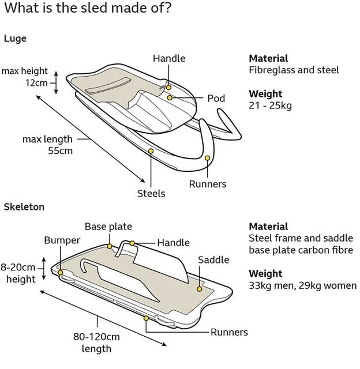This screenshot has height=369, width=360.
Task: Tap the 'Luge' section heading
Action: pos(15,39)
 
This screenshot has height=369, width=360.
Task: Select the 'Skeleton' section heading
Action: pos(24,206)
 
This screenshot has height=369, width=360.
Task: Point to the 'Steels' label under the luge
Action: pos(151,193)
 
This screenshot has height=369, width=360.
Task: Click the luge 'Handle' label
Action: pos(169,58)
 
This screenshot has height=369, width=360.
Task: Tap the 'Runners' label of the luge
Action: pos(208,184)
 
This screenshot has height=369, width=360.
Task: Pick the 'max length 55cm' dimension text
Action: pos(48,145)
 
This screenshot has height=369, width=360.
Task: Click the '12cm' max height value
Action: pos(36,82)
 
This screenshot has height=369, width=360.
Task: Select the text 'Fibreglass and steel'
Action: pos(294,70)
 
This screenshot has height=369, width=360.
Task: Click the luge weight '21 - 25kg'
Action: pos(270,106)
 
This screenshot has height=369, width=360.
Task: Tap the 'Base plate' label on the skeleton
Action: pos(108,227)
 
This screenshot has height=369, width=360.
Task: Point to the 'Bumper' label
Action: pos(62,240)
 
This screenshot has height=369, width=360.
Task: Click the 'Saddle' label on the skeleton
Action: pos(213,260)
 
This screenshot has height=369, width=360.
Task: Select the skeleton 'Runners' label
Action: pos(229,332)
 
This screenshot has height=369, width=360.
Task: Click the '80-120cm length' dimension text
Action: pos(96,342)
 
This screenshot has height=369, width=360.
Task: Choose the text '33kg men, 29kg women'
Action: pos(303,285)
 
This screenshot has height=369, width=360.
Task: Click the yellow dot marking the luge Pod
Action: pos(170,98)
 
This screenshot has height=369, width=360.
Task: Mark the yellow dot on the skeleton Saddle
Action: pos(200,288)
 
